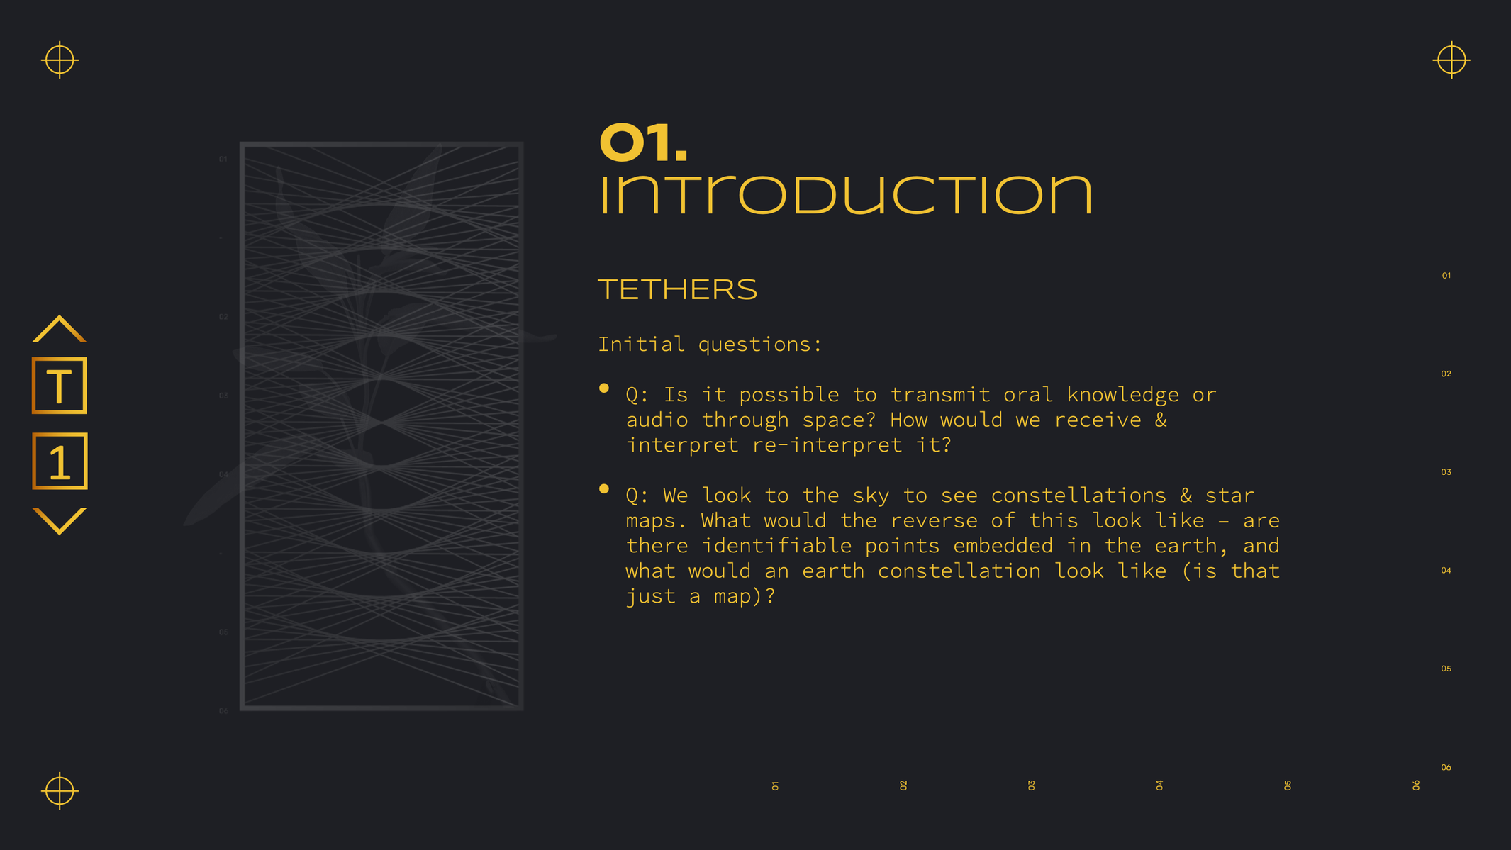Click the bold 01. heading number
(x=643, y=142)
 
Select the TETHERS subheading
(x=678, y=289)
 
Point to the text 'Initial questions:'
(x=710, y=344)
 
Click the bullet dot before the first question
(x=604, y=388)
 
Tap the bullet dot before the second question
(x=604, y=488)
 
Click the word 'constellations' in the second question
(x=1078, y=495)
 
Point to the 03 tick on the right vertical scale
(x=1446, y=472)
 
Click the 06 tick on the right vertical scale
(x=1446, y=767)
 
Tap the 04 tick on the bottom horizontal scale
(x=1159, y=785)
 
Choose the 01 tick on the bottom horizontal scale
(x=775, y=785)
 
